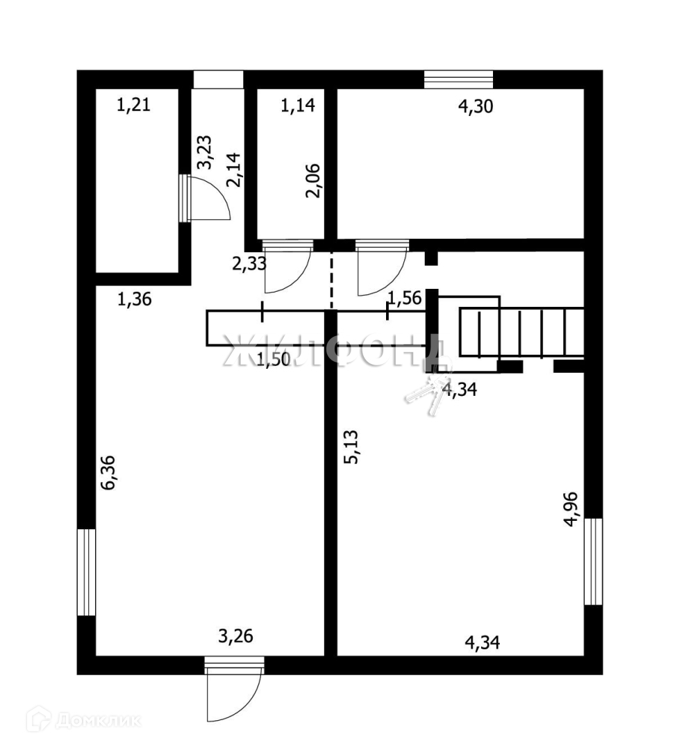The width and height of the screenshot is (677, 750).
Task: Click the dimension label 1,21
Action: point(133,106)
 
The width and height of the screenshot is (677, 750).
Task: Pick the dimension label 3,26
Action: point(235,636)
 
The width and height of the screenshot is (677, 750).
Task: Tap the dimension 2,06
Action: point(314,181)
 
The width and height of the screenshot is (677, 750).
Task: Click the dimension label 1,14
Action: point(298,106)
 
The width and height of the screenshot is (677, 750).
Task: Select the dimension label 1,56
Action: point(404,299)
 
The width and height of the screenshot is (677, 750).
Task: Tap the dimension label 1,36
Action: point(134,300)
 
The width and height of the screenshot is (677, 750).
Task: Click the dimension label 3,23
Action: point(205,152)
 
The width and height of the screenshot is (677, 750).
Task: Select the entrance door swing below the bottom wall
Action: point(234,694)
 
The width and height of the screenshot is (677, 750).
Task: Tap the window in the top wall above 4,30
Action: point(458,79)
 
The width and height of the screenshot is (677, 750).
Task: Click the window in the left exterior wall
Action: point(86,572)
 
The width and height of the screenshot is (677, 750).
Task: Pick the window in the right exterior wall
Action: point(593,561)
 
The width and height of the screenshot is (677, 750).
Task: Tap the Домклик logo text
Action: point(97,721)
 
